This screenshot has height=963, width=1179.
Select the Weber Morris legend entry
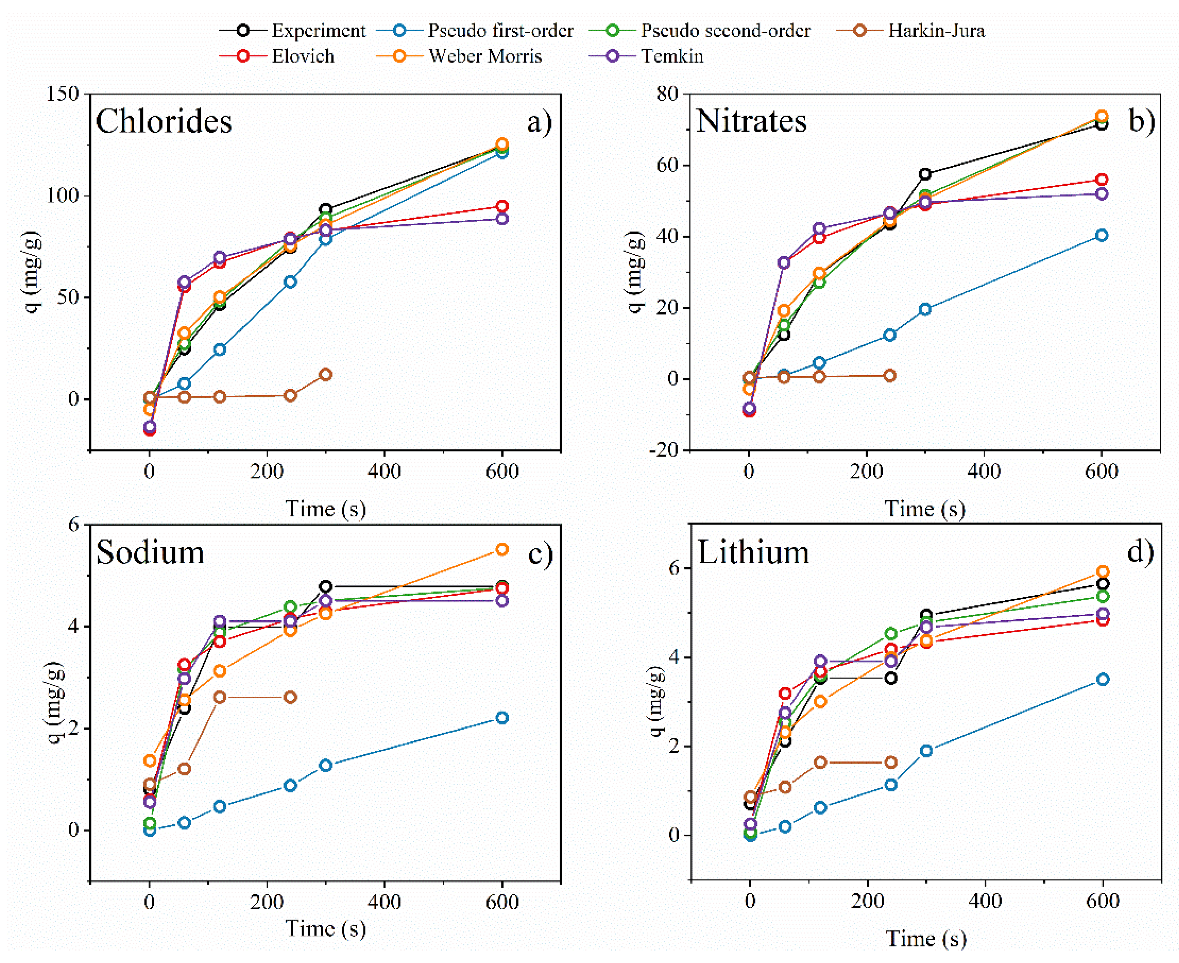485,56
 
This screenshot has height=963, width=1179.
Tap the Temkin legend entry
672,56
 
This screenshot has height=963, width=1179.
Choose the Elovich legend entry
303,56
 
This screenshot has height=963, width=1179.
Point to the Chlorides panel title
163,121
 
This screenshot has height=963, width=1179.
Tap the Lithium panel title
753,553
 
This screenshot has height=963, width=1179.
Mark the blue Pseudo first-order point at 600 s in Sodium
502,718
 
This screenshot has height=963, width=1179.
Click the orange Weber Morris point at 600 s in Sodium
502,549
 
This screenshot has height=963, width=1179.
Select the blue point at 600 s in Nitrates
1101,235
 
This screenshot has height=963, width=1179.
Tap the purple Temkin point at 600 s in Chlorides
502,219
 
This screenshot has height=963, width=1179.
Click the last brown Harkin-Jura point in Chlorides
325,375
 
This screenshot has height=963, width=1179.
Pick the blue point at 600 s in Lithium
1103,680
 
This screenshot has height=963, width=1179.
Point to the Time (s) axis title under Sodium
325,929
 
